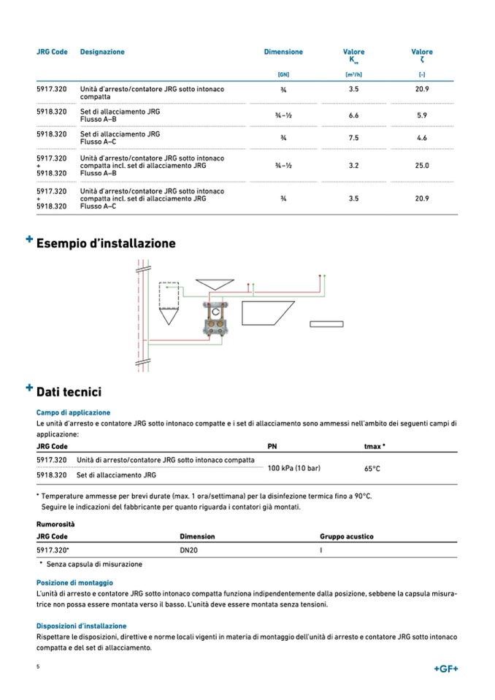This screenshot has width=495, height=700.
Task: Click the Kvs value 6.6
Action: pyautogui.click(x=353, y=115)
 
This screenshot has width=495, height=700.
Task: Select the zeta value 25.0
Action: pyautogui.click(x=422, y=166)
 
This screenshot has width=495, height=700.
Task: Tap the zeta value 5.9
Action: pyautogui.click(x=422, y=115)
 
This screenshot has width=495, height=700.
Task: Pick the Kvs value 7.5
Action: pyautogui.click(x=353, y=138)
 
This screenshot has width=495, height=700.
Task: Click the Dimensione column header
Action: pyautogui.click(x=283, y=52)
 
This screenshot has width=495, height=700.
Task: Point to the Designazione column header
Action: pyautogui.click(x=102, y=52)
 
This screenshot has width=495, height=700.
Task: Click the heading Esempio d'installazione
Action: pyautogui.click(x=106, y=243)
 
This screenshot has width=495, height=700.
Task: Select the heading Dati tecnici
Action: pyautogui.click(x=69, y=392)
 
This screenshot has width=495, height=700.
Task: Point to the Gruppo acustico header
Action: pyautogui.click(x=346, y=536)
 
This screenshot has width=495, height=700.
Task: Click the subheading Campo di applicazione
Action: pyautogui.click(x=73, y=412)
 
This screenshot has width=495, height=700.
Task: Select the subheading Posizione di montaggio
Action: pyautogui.click(x=74, y=582)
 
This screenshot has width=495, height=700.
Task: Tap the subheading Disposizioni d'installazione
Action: pyautogui.click(x=81, y=626)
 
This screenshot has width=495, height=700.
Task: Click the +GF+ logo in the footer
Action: pyautogui.click(x=445, y=669)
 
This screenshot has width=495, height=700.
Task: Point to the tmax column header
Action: pyautogui.click(x=375, y=446)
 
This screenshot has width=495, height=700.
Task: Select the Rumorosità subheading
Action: pyautogui.click(x=55, y=523)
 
